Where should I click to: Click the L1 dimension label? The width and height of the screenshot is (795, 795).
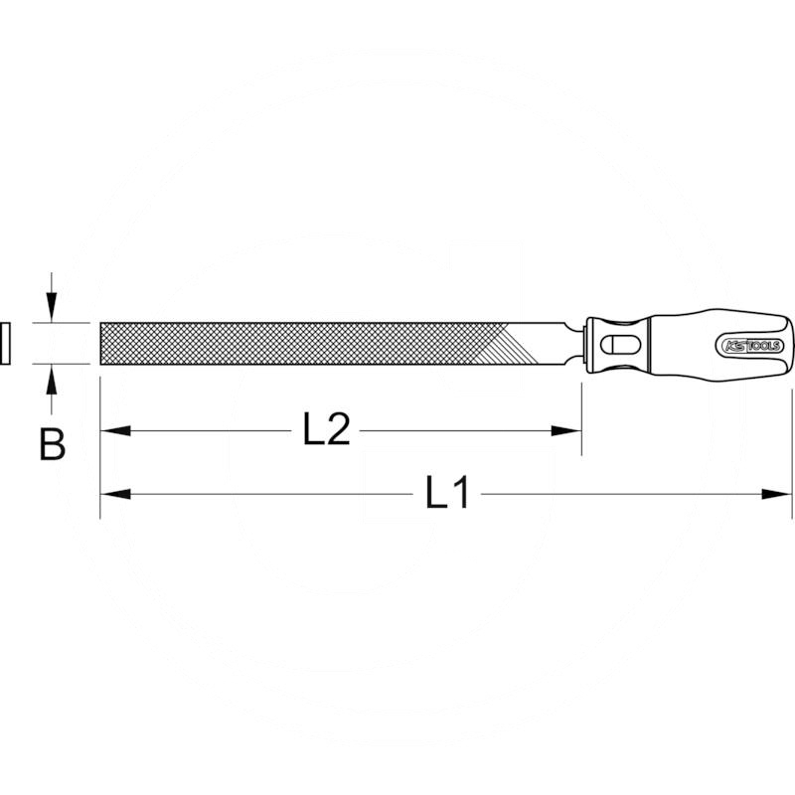(x=447, y=493)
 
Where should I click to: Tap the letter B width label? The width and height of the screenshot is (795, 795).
(x=52, y=444)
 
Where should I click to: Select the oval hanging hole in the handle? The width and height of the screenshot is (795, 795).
(x=619, y=345)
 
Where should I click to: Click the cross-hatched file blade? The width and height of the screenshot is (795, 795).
(x=298, y=344)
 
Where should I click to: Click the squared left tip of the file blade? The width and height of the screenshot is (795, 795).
(x=102, y=344)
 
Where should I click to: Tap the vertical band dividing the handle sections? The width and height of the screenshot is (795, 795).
(x=647, y=344)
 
